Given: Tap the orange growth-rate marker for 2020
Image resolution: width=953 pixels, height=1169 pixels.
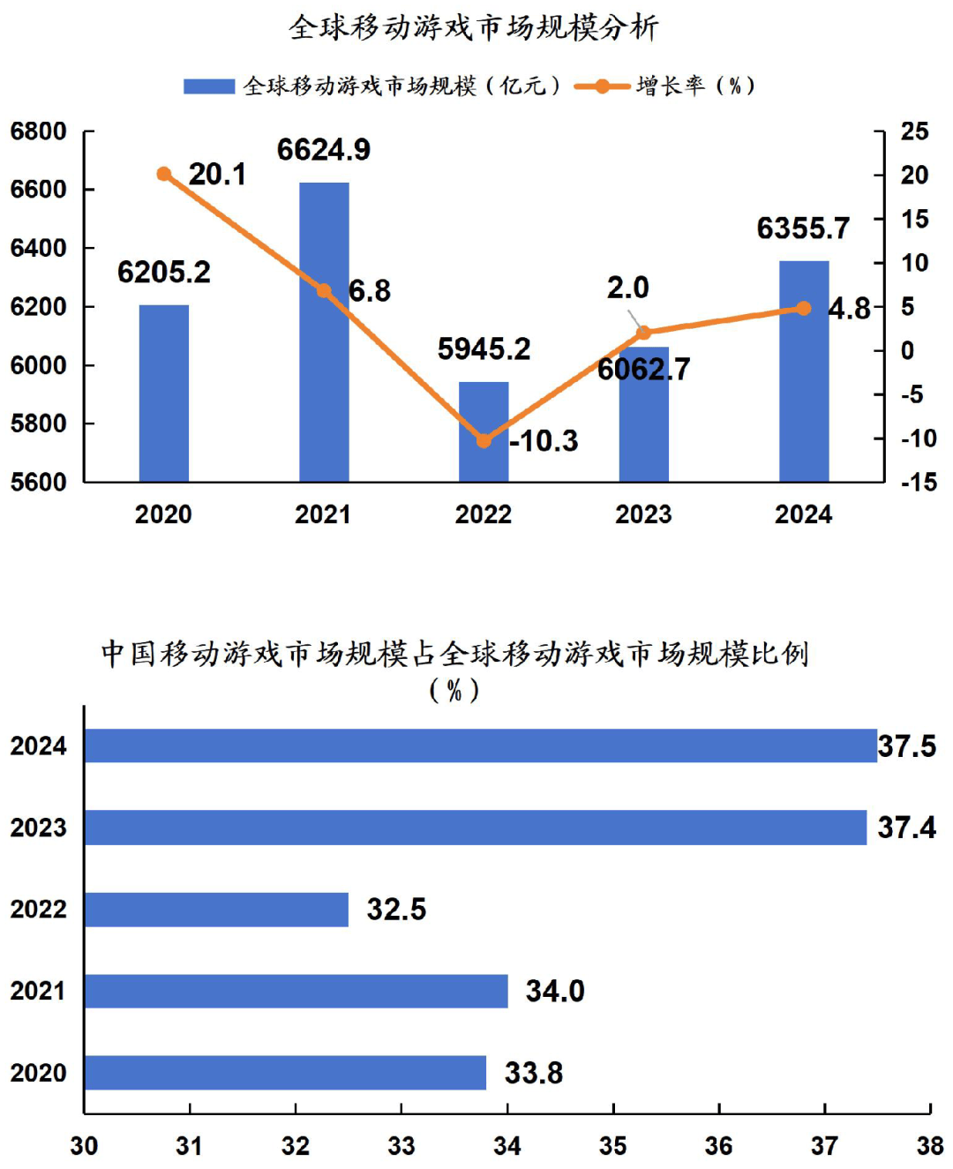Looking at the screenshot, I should coord(164,174).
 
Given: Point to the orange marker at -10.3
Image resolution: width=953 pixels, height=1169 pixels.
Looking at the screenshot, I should coord(484,440).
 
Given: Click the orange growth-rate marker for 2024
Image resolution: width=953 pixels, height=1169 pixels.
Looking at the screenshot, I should coord(803,308).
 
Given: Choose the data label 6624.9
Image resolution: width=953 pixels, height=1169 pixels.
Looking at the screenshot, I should coord(324,150).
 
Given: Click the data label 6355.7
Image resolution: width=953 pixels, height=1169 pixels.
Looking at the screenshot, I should coord(803,229).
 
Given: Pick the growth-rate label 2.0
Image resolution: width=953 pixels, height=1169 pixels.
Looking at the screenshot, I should coord(627,288).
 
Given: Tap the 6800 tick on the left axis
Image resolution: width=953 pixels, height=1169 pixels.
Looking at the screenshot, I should coord(39,131).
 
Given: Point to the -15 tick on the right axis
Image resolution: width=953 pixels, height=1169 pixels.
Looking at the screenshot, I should coord(918,482).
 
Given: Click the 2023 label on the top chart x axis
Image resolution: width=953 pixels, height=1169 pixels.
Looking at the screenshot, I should coord(643,514).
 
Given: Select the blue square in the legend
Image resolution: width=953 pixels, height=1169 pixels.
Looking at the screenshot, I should coord(208,86).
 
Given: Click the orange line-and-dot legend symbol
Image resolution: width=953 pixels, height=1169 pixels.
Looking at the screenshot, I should coord(602,86).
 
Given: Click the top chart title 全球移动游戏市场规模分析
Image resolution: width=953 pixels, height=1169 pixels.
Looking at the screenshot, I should coord(474,27).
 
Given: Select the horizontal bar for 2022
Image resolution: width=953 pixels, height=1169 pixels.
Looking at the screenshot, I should coord(216,910).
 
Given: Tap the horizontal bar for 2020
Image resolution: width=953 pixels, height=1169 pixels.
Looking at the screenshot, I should coord(285,1073).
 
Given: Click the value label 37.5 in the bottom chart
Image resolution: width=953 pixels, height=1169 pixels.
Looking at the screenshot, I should coord(906,746).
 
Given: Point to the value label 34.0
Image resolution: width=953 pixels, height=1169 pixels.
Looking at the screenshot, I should coord(555,991).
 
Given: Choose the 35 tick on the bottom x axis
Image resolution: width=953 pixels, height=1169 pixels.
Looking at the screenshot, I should coord(613,1145).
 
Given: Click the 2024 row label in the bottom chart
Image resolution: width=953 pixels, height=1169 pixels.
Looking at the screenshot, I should coord(39,746).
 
